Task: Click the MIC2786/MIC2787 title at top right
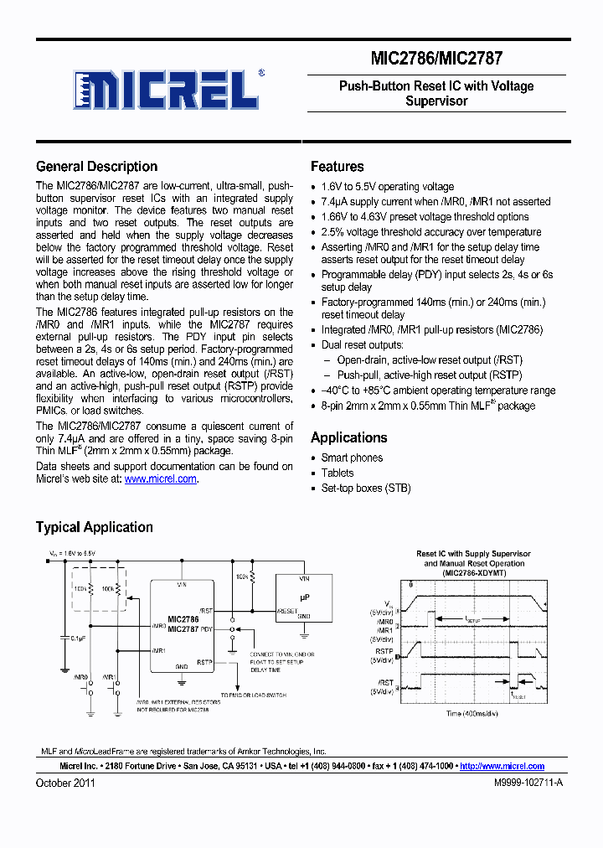point(436,59)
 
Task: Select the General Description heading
point(96,167)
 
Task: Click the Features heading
point(337,167)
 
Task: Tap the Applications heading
point(348,437)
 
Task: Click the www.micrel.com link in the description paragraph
point(161,478)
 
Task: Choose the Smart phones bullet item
point(352,458)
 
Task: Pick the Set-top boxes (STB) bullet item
point(365,488)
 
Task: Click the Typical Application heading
point(94,527)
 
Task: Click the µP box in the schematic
point(303,597)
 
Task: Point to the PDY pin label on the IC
point(207,628)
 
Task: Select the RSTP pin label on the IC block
point(204,661)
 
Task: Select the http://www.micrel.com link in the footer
point(502,766)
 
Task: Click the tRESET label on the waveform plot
point(519,695)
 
